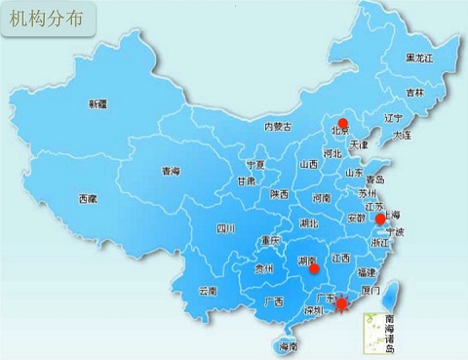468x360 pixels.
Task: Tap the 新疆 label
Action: pos(97,103)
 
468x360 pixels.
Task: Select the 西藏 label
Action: pos(88,198)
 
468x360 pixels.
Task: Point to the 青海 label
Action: pos(172,171)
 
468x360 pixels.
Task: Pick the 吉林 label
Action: pos(415,94)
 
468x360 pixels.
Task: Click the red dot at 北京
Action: pos(341,124)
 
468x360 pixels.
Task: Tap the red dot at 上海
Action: pos(379,220)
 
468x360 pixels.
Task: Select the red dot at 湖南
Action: pos(314,267)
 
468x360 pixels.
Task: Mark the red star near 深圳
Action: pos(341,306)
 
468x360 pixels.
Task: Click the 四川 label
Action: pos(226,229)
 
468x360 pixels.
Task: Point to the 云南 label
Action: pos(207,290)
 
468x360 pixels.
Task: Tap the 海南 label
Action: pos(288,345)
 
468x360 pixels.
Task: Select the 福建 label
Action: pos(367,272)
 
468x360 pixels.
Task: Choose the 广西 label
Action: pos(274,301)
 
